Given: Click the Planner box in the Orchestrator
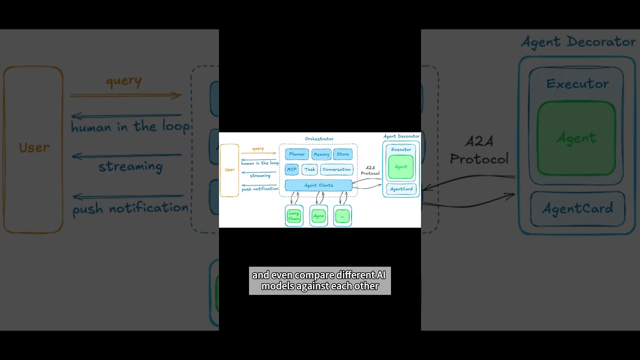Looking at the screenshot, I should [x=297, y=154].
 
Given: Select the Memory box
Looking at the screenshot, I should [x=321, y=154].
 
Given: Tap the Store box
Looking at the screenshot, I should [x=343, y=154].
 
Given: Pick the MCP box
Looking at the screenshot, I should [x=292, y=169].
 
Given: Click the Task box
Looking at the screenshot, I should [x=310, y=169].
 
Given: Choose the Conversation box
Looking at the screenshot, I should [x=336, y=169].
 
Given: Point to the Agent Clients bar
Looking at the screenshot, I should [x=318, y=185].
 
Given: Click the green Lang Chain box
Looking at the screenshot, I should [x=294, y=216].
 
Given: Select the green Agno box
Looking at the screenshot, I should [x=318, y=216].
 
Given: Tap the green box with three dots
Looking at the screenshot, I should [x=342, y=216].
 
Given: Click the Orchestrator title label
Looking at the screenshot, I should [x=319, y=139].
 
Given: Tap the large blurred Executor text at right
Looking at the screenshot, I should [x=577, y=84].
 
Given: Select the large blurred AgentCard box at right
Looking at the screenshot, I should [x=577, y=208].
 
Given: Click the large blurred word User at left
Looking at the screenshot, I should [x=34, y=147].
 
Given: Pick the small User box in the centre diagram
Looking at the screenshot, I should [x=229, y=170].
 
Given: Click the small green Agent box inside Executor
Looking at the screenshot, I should [x=401, y=167].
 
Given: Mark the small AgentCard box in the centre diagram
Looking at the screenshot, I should [x=401, y=189].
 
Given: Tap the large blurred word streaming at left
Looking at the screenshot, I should [x=130, y=166].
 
